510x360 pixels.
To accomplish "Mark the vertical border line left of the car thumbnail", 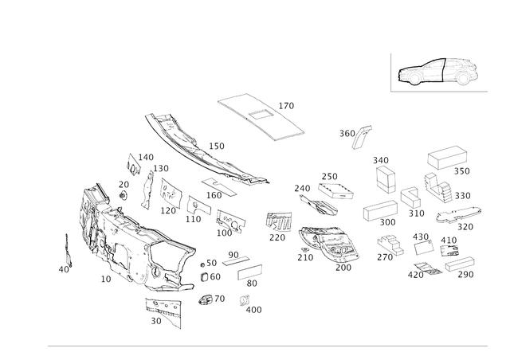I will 392,72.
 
